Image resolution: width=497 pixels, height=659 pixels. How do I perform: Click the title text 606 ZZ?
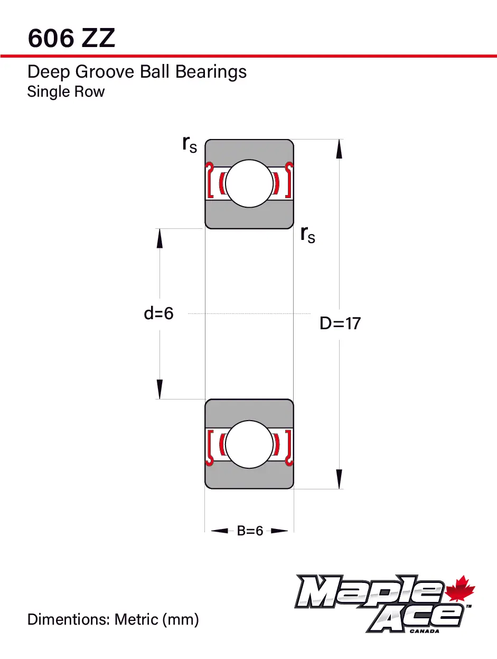[x=71, y=38]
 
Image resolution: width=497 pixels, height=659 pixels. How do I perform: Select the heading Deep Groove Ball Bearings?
[x=137, y=71]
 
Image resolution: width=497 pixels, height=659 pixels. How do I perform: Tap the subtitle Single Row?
[x=66, y=91]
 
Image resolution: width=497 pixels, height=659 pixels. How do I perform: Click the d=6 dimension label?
[x=158, y=313]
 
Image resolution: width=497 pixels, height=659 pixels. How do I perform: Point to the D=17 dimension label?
[x=340, y=323]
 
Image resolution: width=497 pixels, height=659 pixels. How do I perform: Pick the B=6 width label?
[x=250, y=531]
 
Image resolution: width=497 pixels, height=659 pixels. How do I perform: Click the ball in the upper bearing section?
[x=249, y=184]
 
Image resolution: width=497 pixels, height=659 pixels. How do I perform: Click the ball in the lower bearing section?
[x=249, y=444]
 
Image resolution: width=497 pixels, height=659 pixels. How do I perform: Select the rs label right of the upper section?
[x=307, y=234]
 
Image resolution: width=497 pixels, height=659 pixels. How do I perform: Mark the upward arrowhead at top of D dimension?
[x=339, y=149]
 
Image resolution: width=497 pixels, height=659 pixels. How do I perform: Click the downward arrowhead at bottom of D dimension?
[x=339, y=479]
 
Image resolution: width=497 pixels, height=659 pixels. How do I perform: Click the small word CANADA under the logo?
[x=424, y=630]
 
